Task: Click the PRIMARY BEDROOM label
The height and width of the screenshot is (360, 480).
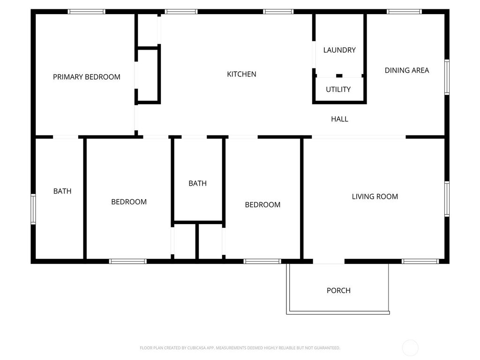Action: [x=86, y=77]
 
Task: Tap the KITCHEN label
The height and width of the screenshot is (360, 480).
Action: [x=241, y=74]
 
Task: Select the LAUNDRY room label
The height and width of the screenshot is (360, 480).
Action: [x=339, y=50]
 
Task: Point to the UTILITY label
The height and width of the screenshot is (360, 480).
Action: [x=338, y=90]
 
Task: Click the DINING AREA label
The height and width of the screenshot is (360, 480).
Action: [x=407, y=70]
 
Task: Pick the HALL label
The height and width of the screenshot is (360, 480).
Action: [x=339, y=119]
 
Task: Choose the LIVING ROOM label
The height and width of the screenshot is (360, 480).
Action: [x=375, y=196]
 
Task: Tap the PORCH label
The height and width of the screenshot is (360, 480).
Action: [x=338, y=291]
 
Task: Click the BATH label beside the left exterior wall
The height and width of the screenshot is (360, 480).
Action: [x=62, y=191]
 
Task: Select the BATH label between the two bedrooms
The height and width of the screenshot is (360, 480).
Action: [x=197, y=183]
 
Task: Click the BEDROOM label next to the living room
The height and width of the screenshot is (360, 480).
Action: [x=262, y=205]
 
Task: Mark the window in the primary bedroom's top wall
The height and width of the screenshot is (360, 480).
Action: [x=86, y=11]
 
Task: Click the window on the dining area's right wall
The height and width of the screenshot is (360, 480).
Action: [x=447, y=77]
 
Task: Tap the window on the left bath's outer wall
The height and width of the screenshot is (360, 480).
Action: [x=33, y=209]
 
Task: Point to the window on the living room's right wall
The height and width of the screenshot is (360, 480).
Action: [x=447, y=199]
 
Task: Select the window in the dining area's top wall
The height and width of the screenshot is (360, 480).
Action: [x=404, y=11]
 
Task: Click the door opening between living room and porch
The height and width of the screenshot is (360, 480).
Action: [x=329, y=262]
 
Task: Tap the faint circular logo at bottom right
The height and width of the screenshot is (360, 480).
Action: [x=410, y=347]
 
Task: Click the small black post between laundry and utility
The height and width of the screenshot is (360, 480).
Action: [x=339, y=75]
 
